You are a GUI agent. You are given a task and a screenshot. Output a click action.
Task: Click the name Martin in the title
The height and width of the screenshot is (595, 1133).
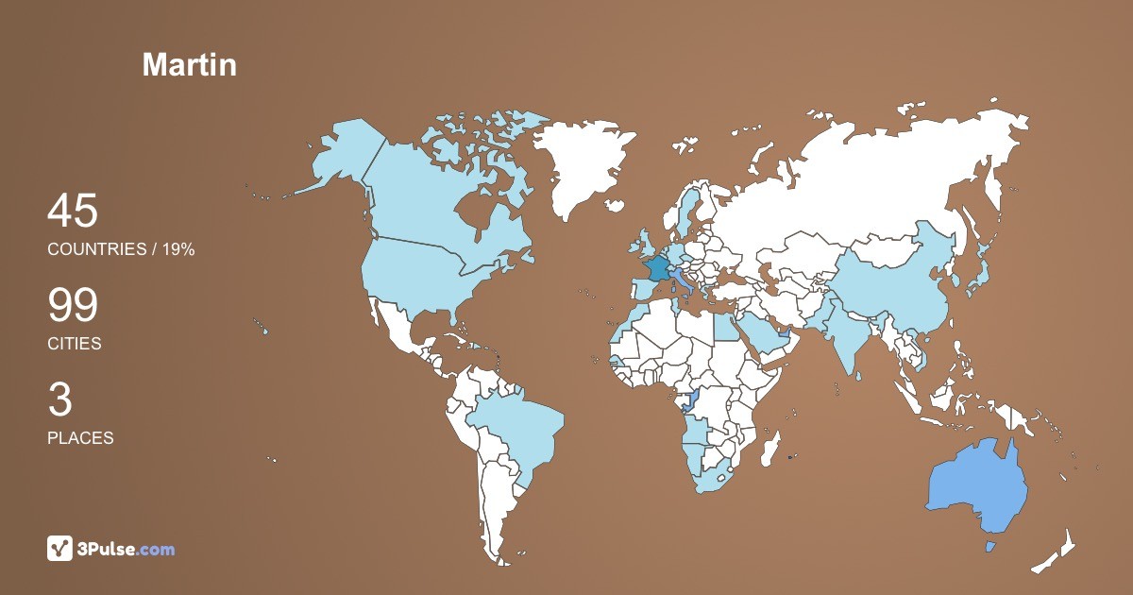click(189, 65)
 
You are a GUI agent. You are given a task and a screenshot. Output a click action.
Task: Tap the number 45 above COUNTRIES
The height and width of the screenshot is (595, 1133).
click(73, 211)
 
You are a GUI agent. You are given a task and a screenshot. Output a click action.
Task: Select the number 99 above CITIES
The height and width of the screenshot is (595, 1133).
click(73, 306)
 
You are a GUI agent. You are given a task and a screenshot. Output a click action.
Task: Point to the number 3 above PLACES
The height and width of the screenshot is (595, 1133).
click(59, 400)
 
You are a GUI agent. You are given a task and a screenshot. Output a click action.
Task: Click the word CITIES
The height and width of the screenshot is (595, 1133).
click(75, 344)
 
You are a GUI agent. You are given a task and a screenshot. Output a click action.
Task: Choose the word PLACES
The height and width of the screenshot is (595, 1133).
click(80, 438)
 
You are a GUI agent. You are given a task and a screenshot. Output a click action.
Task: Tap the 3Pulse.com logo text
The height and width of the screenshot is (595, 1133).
click(126, 549)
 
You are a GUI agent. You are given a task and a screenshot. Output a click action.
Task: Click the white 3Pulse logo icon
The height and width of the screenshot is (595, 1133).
click(60, 549)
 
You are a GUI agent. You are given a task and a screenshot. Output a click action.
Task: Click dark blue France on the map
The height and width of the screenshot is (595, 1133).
click(655, 266)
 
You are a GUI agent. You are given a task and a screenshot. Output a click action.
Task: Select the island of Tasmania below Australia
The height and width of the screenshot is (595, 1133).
click(990, 547)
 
